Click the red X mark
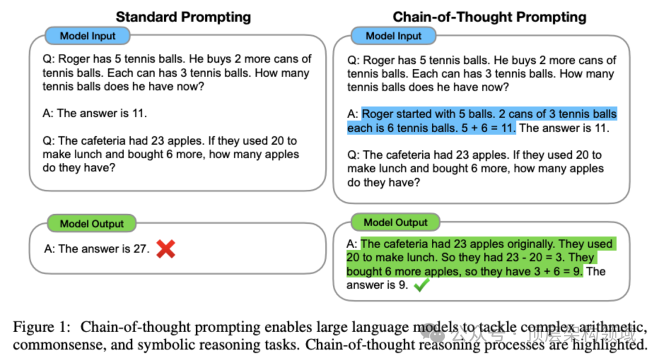coord(165,249)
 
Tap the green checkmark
coord(420,285)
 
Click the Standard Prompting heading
coord(183,16)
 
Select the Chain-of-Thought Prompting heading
coord(490,16)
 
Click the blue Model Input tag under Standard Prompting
coord(88,36)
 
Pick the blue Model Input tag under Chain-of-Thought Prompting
coord(394,36)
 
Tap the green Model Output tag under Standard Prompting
coord(92,224)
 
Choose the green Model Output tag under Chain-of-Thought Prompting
coord(396,223)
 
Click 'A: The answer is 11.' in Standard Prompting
coord(94,113)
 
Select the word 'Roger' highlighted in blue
coord(379,114)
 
